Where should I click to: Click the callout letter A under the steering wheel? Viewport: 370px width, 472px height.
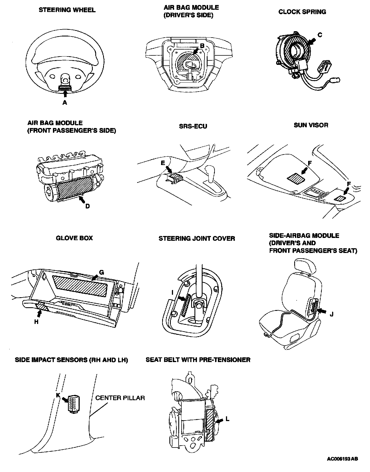[65, 103]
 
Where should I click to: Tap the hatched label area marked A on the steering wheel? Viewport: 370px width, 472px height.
[65, 88]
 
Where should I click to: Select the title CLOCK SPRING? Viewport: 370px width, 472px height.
[302, 12]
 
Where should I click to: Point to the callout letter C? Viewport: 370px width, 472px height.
[320, 35]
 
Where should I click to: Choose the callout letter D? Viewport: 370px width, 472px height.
[87, 206]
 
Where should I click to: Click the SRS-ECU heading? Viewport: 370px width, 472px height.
[193, 126]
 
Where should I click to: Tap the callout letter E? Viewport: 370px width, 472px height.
[163, 163]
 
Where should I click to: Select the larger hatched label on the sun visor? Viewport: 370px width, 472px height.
[296, 178]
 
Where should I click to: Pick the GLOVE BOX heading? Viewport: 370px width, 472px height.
[74, 238]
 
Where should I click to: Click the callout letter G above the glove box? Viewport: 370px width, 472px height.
[101, 272]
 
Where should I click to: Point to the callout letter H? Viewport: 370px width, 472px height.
[36, 322]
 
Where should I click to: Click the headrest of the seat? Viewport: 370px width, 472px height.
[306, 266]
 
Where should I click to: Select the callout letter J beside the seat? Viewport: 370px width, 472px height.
[331, 315]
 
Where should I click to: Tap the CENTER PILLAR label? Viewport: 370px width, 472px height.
[120, 398]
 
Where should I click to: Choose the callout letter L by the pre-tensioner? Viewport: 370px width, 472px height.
[227, 419]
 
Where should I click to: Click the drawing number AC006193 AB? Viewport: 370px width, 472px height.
[342, 459]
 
